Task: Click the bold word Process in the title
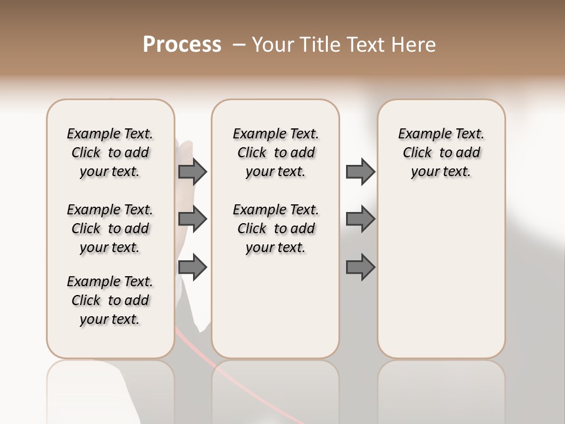click(182, 45)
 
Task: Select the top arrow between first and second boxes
click(192, 172)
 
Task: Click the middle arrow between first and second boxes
click(192, 220)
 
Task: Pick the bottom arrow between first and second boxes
click(192, 267)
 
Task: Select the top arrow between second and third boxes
click(360, 172)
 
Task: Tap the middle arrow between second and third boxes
click(360, 220)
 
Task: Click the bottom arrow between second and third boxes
click(360, 267)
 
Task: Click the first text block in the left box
click(110, 153)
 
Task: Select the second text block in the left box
click(110, 228)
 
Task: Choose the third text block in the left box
click(110, 300)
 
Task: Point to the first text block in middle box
click(275, 153)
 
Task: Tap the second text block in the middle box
click(275, 228)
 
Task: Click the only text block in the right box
click(441, 153)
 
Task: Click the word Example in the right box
click(420, 134)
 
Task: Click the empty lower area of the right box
click(441, 283)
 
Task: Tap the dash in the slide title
click(239, 45)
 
